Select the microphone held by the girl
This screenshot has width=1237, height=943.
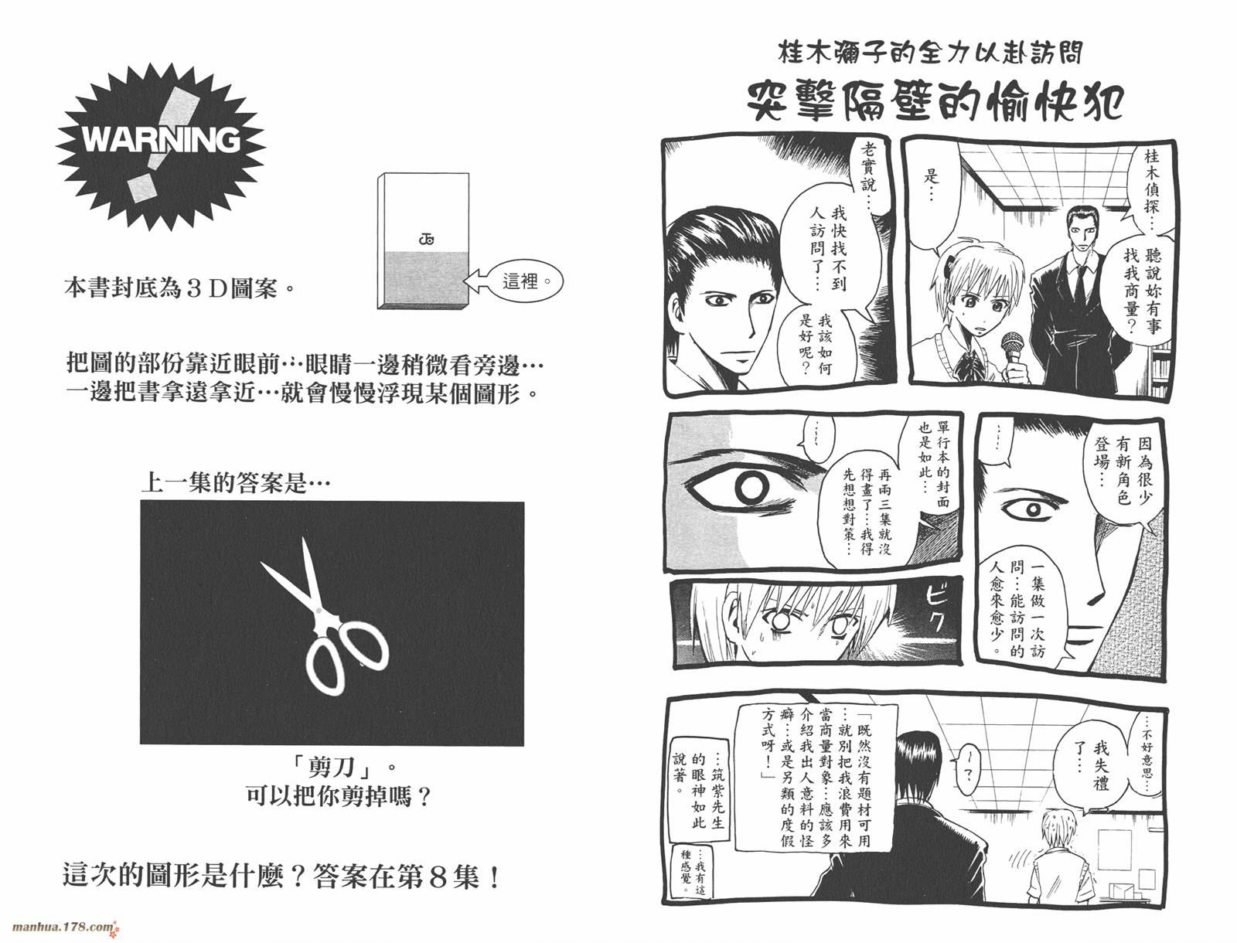pos(1011,349)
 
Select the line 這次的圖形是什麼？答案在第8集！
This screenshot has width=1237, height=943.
pos(281,877)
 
